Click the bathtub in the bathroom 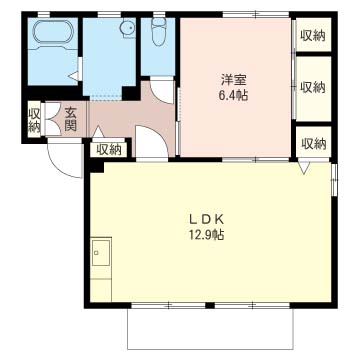click(x=53, y=31)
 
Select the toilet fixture click(x=158, y=31)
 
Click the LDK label click(x=206, y=219)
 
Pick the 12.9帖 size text click(x=206, y=235)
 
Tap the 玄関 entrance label click(x=70, y=119)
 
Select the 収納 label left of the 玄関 click(x=34, y=120)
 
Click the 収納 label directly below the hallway click(x=109, y=150)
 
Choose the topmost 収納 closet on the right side click(x=313, y=35)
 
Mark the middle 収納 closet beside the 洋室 click(x=313, y=88)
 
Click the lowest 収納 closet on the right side click(x=313, y=143)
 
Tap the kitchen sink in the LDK click(x=101, y=252)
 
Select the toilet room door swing click(x=162, y=90)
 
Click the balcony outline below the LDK click(x=210, y=349)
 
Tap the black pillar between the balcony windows click(x=209, y=305)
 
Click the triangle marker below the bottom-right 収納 click(x=304, y=168)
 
